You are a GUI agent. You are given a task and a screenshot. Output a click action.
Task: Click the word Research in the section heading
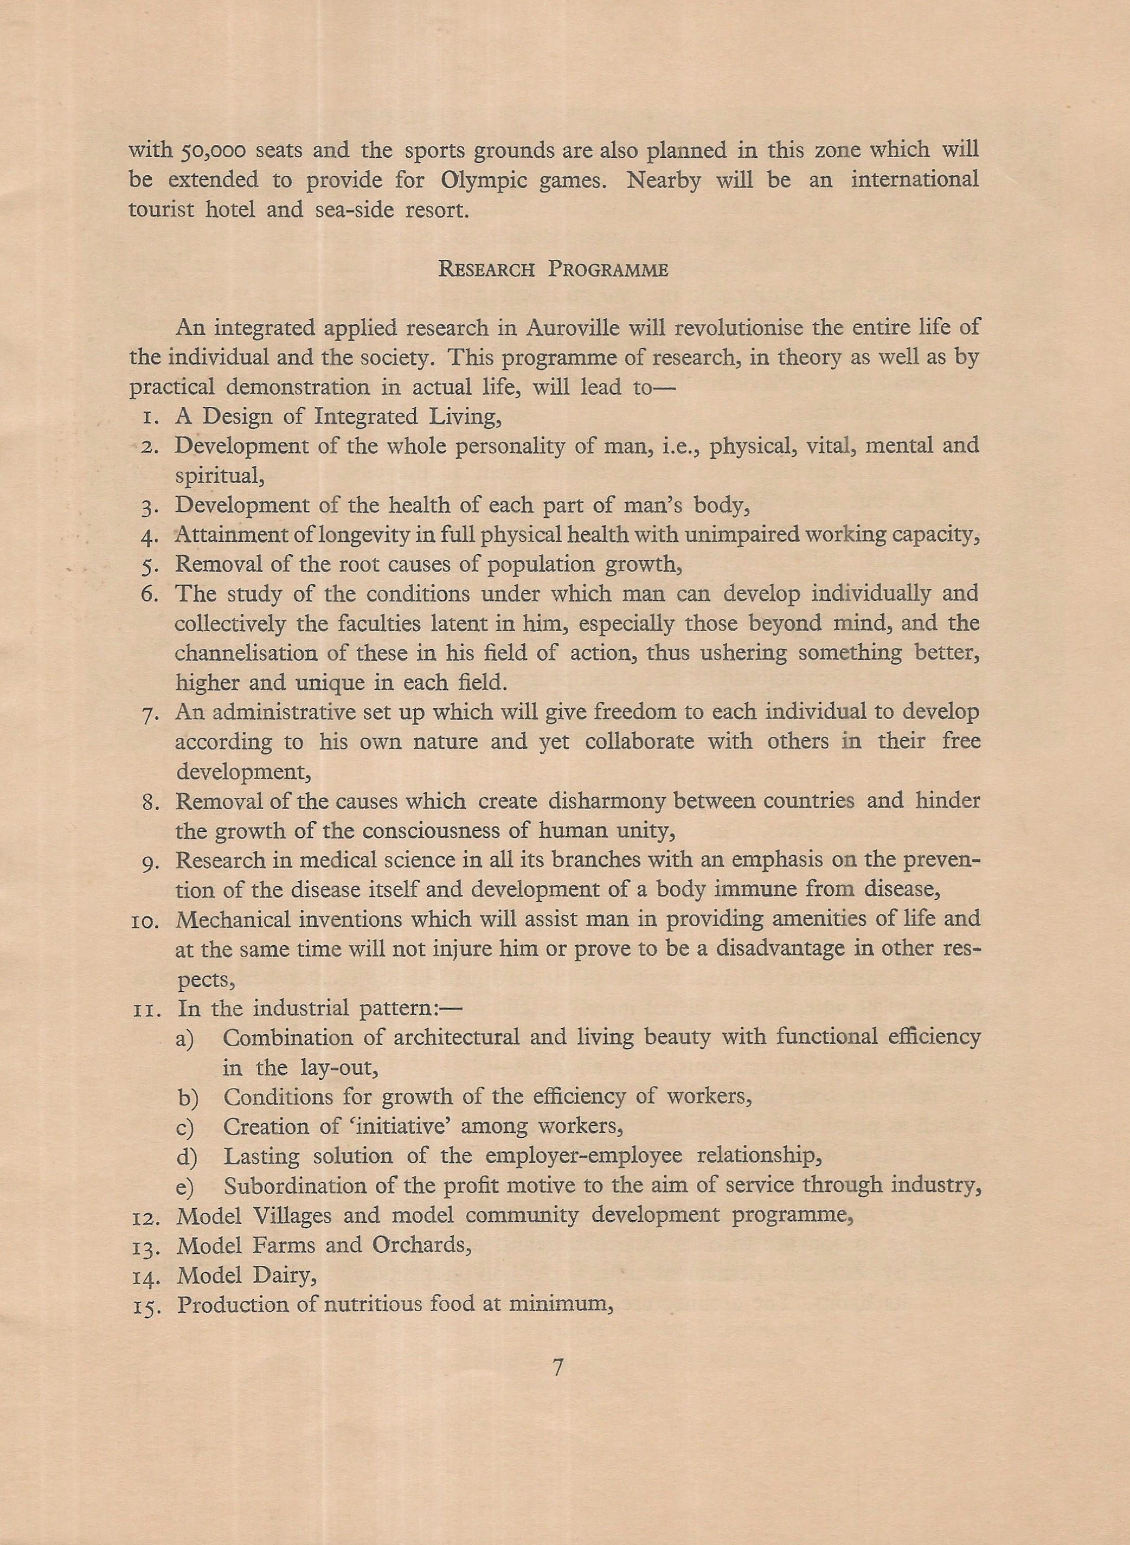486,270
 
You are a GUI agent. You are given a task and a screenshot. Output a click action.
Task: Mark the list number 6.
150,594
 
